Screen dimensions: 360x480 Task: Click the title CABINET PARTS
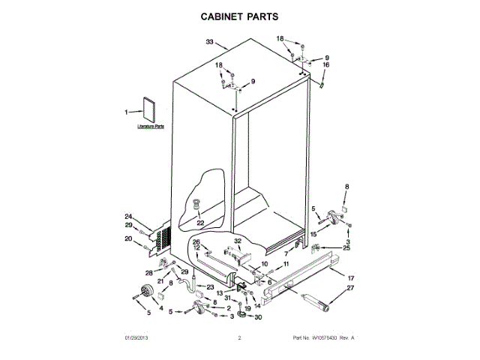click(x=239, y=15)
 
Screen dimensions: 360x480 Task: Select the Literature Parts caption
click(x=150, y=127)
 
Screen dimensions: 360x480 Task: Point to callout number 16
click(x=326, y=65)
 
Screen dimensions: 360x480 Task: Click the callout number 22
click(x=199, y=222)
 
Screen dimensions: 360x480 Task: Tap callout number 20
click(x=128, y=239)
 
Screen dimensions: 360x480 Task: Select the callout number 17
click(x=349, y=277)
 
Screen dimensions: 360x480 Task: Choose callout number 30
click(x=259, y=317)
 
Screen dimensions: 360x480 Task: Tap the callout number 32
click(x=238, y=241)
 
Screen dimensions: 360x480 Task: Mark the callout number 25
click(x=346, y=247)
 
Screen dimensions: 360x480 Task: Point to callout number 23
click(x=211, y=286)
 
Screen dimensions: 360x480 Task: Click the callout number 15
click(x=313, y=235)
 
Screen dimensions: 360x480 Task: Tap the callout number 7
click(x=286, y=255)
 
